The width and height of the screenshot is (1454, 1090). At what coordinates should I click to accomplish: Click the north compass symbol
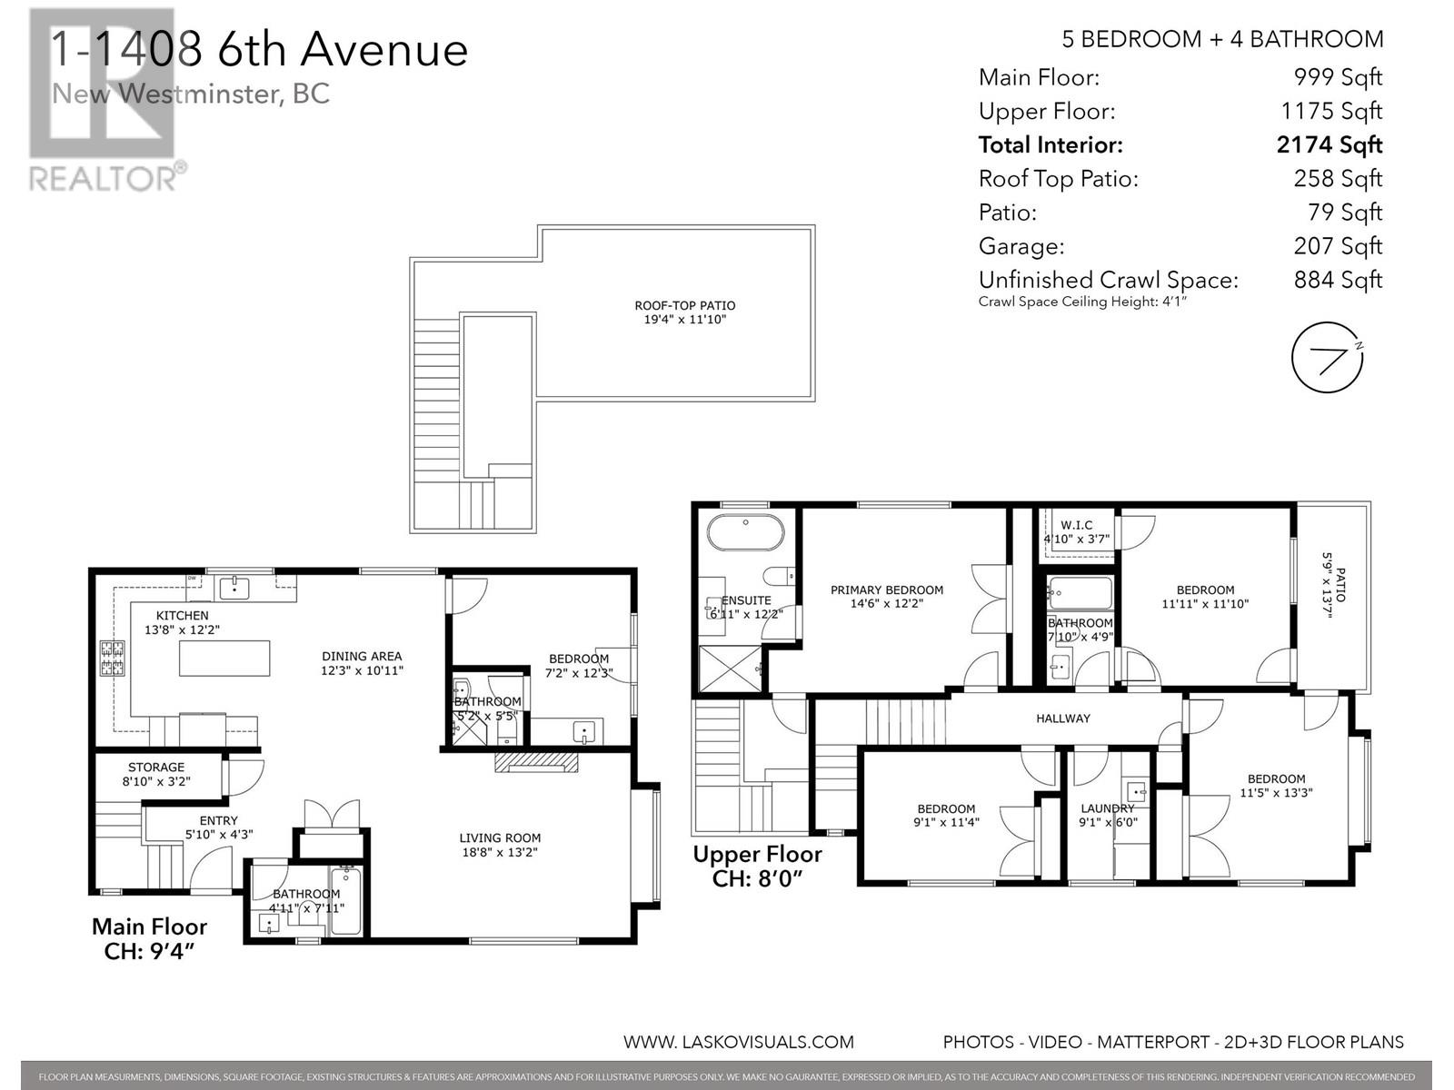pos(1328,357)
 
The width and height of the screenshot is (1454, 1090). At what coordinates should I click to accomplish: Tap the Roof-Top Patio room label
pos(685,312)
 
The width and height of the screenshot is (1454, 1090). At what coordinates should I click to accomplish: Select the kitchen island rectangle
pos(224,659)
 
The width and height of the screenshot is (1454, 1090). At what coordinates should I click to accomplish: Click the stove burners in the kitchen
pos(112,659)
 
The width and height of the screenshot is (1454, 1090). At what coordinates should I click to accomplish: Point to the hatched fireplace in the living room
pos(536,761)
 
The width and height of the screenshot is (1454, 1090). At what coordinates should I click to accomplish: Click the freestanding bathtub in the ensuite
pos(745,533)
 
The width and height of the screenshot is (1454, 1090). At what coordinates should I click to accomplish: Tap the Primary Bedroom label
pos(886,597)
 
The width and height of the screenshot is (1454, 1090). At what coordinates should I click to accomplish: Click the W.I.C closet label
pos(1077,531)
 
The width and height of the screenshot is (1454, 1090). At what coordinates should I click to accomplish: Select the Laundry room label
pos(1107,815)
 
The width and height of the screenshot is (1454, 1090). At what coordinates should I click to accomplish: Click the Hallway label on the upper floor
pos(1062,718)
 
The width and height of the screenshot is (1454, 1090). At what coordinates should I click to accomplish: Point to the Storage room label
pos(156,774)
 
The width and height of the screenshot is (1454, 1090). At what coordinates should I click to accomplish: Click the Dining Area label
pos(362,663)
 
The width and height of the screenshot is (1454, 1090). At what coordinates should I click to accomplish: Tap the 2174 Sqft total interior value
pos(1329,144)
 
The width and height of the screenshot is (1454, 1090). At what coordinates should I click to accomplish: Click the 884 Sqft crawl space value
pos(1338,280)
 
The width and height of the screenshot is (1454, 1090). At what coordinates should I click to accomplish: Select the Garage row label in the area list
pos(1021,246)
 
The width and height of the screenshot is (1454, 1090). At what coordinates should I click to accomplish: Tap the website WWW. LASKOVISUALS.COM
pos(738,1042)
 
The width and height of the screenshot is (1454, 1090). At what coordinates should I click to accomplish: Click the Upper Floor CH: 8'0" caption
pos(757,866)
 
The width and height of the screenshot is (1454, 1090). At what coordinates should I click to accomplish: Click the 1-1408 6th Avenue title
pos(259,50)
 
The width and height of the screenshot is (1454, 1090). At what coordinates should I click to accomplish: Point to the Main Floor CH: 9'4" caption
pos(149,938)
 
